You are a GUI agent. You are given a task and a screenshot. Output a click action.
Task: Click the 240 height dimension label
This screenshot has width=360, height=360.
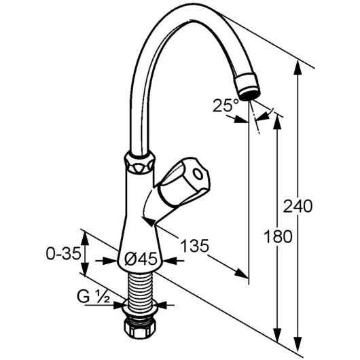click(x=298, y=206)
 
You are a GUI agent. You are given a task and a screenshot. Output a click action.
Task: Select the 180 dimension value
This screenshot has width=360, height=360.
click(x=278, y=236)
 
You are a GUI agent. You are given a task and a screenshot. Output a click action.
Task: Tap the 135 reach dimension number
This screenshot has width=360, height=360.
click(x=195, y=245)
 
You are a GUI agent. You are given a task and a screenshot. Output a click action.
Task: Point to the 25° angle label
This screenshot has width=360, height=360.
click(x=226, y=105)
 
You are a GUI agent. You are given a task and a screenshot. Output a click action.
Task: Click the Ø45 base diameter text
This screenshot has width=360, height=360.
click(x=141, y=259)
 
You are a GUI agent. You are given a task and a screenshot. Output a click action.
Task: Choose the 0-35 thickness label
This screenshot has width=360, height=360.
click(x=64, y=253)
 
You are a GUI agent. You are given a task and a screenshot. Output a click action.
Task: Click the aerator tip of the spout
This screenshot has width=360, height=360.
click(x=247, y=86)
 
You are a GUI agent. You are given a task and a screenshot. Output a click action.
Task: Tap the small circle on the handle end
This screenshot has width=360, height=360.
click(x=198, y=174)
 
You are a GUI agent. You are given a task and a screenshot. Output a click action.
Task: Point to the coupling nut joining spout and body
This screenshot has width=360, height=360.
click(x=140, y=162)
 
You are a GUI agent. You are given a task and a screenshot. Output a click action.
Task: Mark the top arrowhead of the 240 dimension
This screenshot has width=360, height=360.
click(x=298, y=67)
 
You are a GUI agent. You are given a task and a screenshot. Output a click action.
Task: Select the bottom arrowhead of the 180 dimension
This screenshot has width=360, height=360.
click(x=278, y=335)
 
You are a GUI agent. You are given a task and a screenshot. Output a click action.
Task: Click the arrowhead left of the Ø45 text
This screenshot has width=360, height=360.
click(x=111, y=261)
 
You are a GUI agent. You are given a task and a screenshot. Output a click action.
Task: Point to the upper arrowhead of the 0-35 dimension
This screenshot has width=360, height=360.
click(x=86, y=240)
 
